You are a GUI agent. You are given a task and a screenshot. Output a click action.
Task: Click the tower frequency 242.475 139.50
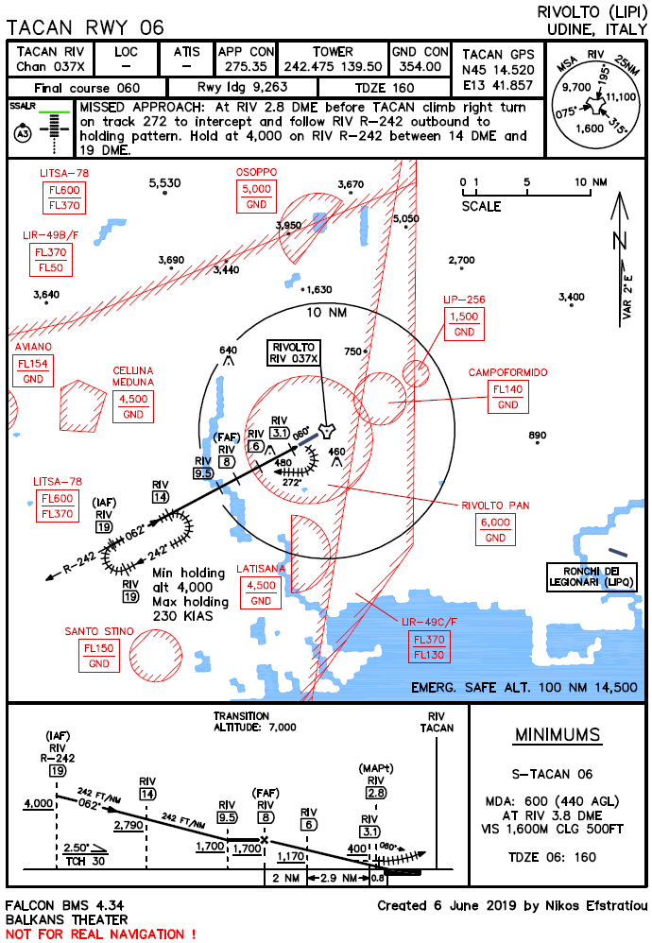[x=333, y=66]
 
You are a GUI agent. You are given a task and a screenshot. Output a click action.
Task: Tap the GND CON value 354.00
[x=420, y=66]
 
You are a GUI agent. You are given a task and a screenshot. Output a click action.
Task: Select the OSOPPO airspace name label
[x=256, y=172]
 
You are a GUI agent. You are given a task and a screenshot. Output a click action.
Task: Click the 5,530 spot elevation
[x=165, y=182]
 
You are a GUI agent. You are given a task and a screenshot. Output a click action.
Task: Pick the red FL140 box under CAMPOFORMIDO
[x=508, y=389]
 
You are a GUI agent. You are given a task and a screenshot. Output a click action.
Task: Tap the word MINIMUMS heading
[x=557, y=735]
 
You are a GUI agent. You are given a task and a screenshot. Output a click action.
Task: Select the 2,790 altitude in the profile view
[x=129, y=825]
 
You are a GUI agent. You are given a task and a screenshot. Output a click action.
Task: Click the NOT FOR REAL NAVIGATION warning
[x=100, y=934]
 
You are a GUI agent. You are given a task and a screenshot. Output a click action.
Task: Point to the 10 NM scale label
[x=593, y=181]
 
